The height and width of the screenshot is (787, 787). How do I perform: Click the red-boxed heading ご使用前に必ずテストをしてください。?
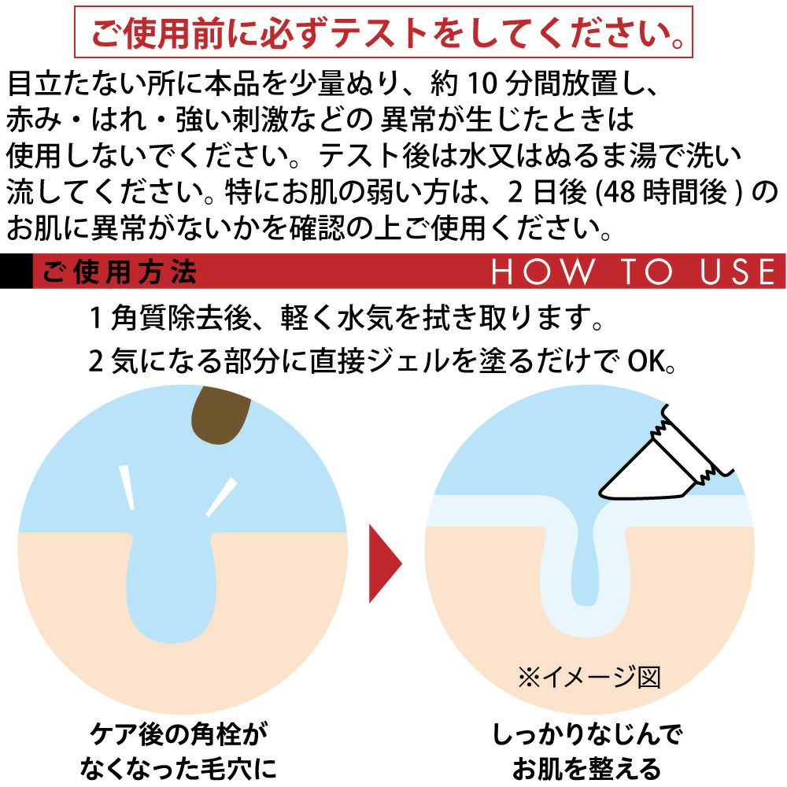pos(384,32)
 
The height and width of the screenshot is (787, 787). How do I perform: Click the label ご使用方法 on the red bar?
pos(119,272)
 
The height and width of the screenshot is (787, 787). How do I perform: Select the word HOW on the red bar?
pos(542,272)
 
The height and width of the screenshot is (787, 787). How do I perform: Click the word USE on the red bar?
pos(738,272)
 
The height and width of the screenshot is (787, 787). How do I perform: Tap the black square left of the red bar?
pos(16,271)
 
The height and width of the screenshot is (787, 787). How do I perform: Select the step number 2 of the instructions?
pos(96,361)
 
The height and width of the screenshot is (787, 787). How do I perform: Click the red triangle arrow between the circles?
pos(385,563)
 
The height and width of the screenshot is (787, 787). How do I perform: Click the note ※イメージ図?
pos(589,678)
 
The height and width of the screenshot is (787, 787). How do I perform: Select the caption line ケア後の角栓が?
pos(178,734)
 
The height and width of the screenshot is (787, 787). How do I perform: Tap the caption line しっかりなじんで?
pos(587,734)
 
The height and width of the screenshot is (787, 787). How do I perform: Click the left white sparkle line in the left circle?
pos(127,487)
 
